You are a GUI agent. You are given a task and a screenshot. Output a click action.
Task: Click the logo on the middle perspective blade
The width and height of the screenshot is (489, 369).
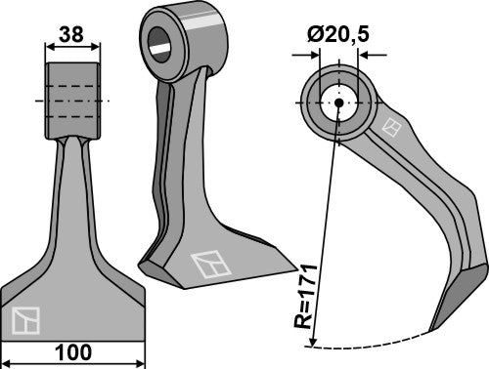207,264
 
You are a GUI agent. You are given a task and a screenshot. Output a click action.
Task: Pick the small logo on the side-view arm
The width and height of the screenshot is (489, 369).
392,127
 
